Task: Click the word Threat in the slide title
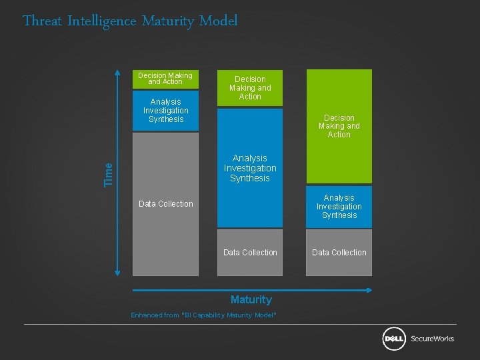pyautogui.click(x=43, y=21)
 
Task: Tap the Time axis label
pyautogui.click(x=109, y=174)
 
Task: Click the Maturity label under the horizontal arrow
pyautogui.click(x=251, y=299)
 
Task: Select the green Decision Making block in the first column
pyautogui.click(x=165, y=79)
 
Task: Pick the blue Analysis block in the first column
pyautogui.click(x=165, y=111)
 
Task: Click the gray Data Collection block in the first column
pyautogui.click(x=165, y=204)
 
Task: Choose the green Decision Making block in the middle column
pyautogui.click(x=250, y=88)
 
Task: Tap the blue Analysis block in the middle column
pyautogui.click(x=250, y=168)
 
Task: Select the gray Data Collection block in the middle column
pyautogui.click(x=250, y=253)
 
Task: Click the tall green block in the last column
pyautogui.click(x=339, y=126)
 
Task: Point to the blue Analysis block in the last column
pyautogui.click(x=339, y=207)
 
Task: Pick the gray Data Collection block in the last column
pyautogui.click(x=339, y=253)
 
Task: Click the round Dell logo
pyautogui.click(x=394, y=339)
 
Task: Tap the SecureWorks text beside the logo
pyautogui.click(x=432, y=339)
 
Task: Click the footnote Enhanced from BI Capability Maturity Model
pyautogui.click(x=203, y=315)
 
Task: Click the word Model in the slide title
pyautogui.click(x=218, y=21)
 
